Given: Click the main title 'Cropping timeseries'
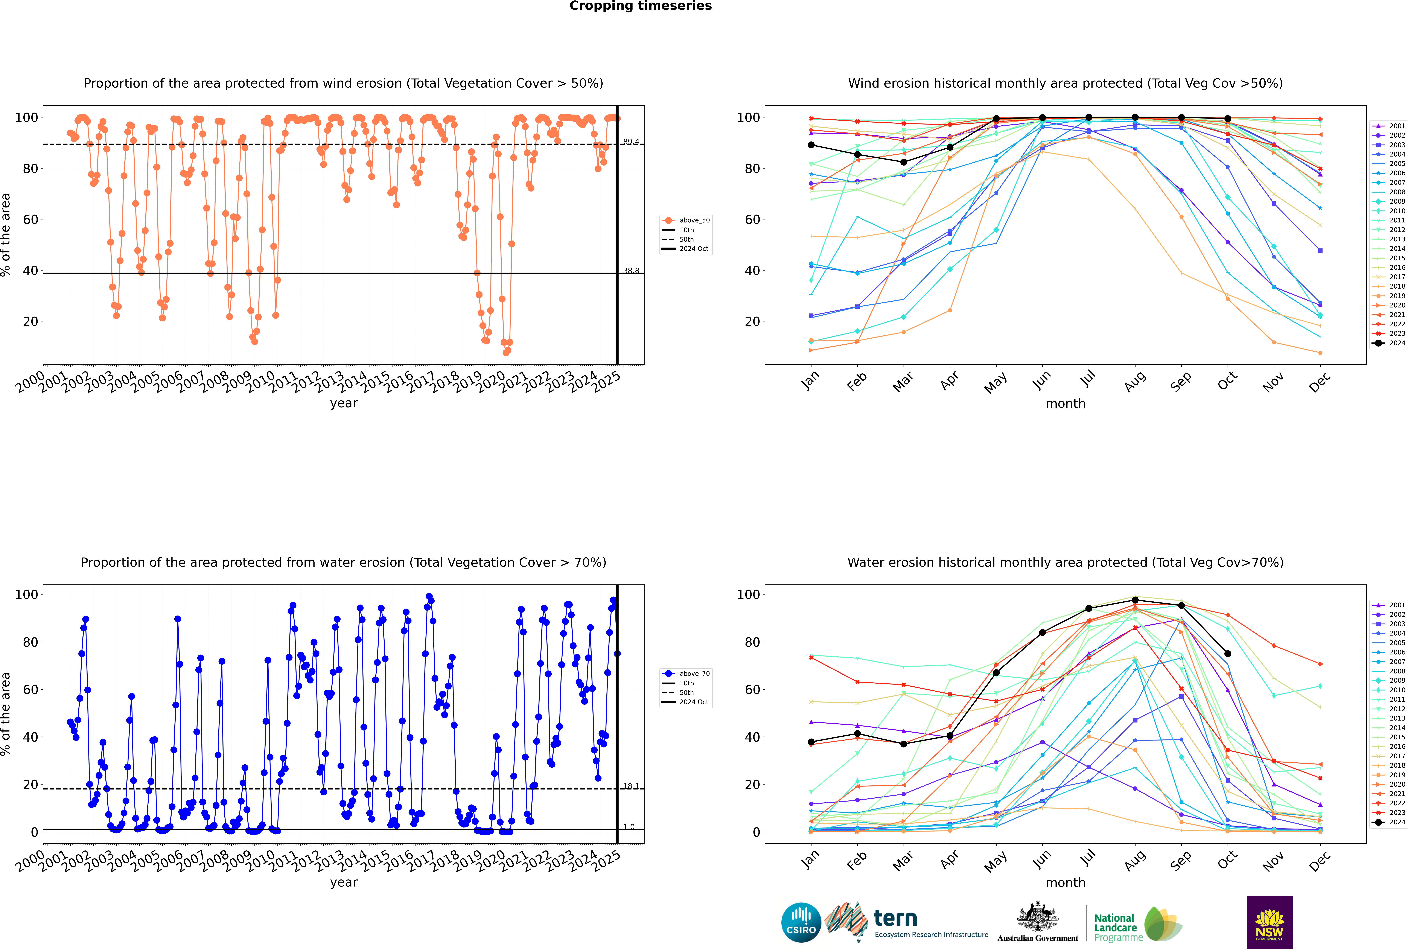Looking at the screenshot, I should (640, 6).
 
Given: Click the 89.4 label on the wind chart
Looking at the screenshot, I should (631, 142).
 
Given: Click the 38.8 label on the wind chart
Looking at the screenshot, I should (631, 271).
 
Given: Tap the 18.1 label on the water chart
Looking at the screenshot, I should (631, 786).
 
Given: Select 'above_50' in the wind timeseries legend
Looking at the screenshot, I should (694, 220).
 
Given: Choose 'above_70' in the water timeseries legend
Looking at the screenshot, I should (694, 674).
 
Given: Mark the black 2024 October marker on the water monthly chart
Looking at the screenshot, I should (1228, 654).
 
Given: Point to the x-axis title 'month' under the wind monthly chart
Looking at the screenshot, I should (1065, 404).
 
